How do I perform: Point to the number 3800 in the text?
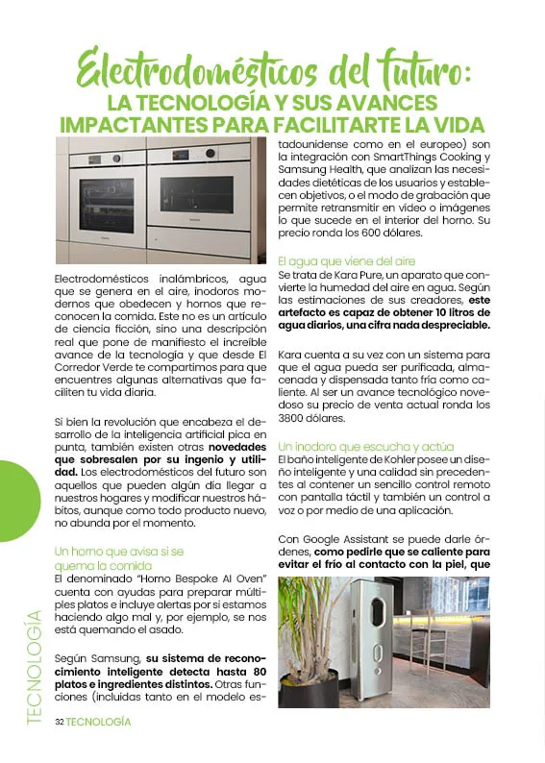click(294, 419)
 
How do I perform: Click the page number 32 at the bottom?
click(59, 722)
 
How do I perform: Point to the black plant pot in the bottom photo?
click(308, 686)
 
